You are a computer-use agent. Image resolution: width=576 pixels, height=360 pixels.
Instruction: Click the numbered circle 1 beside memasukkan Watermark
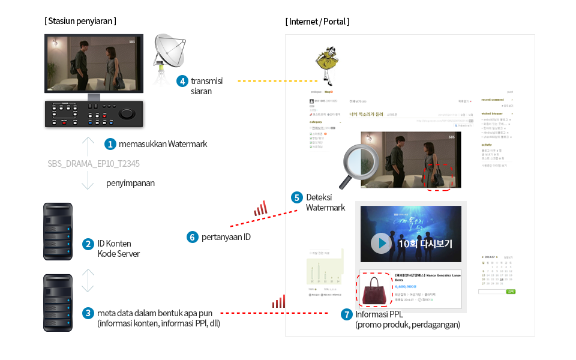pos(110,144)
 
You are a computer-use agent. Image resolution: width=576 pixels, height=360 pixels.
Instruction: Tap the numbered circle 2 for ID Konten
pos(88,244)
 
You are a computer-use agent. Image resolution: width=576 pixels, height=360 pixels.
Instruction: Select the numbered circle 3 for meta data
pos(88,313)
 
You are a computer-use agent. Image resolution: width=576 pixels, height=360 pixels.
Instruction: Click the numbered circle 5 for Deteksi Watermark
pos(296,197)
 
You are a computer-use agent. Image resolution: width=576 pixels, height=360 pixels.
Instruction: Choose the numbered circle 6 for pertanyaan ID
pos(193,237)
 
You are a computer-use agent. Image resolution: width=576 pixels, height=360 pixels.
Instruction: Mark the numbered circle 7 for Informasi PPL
pos(346,314)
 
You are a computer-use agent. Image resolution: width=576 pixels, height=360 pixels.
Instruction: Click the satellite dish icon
pos(170,53)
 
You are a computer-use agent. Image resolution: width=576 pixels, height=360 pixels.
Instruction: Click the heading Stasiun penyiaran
pos(80,21)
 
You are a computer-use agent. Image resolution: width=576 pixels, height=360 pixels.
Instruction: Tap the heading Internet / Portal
pos(317,22)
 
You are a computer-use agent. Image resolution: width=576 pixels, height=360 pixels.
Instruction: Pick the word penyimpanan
pos(130,183)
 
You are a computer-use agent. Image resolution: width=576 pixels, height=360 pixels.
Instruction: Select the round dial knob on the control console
pos(127,114)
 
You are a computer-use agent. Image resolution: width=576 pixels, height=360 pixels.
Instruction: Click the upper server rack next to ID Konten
pos(58,232)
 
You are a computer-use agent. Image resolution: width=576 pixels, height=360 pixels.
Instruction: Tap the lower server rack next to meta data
pos(58,303)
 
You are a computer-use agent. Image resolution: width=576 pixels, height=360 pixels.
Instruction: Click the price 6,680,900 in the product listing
pos(406,286)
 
